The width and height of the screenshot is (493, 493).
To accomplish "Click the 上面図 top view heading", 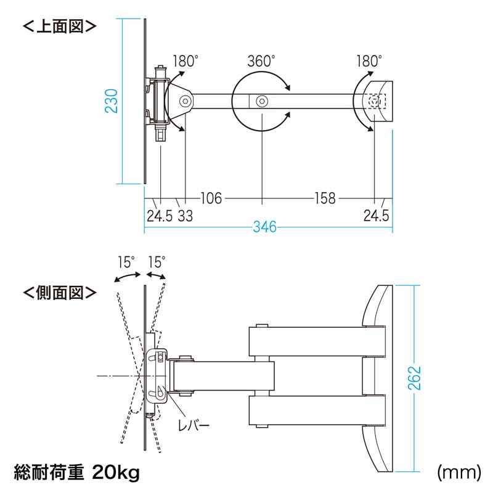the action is tap(59, 26).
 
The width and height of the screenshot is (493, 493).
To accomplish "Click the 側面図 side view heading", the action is tap(59, 293).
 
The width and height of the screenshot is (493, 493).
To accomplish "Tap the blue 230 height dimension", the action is tap(112, 101).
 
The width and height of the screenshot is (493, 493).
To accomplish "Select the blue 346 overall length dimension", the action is tap(265, 227).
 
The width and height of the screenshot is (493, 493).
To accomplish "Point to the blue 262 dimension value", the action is tap(414, 378).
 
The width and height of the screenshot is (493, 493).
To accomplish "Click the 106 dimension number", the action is tap(211, 198).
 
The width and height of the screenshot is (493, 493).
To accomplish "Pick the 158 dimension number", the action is tap(325, 198).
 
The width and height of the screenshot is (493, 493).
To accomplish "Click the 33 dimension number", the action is tap(185, 216).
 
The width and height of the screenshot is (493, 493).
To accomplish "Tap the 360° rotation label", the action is tap(261, 61).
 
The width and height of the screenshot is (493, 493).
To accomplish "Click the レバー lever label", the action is tap(194, 426).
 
